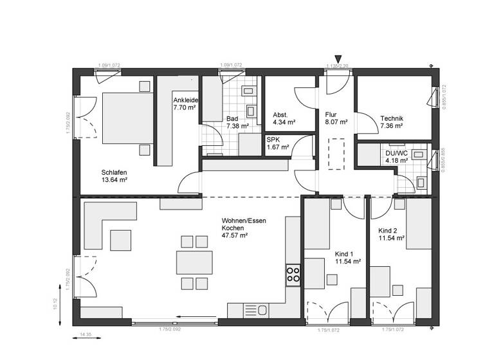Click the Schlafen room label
point(114,175)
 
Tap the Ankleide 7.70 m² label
point(185,105)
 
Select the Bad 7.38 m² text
point(237,122)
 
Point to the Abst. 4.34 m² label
point(284,118)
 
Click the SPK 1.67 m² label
point(277,144)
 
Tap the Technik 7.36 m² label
point(392,122)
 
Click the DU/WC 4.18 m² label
point(396,156)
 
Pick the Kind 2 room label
point(391,234)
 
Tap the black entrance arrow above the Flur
point(338,60)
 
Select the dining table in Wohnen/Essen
point(194,262)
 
